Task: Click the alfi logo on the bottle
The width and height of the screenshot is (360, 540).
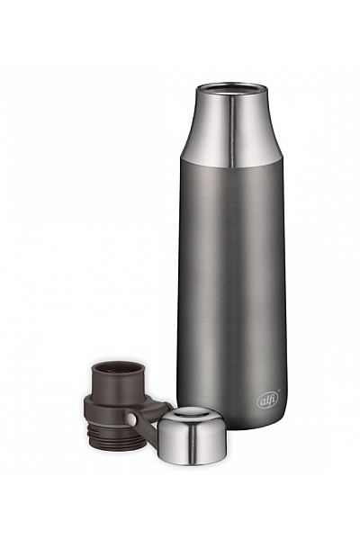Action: click(267, 400)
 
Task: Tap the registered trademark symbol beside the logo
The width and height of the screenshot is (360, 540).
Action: click(279, 391)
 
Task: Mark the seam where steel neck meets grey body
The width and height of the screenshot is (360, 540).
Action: click(232, 166)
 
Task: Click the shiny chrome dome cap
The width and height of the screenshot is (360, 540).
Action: click(192, 436)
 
